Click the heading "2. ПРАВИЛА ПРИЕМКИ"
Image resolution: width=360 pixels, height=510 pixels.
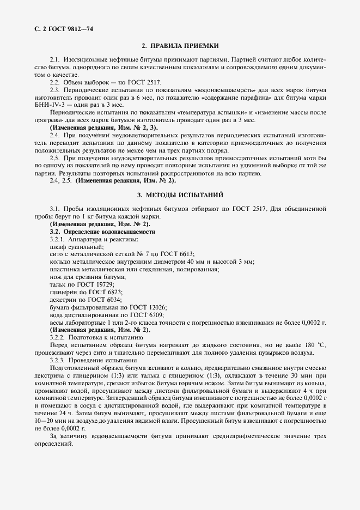click(x=180, y=47)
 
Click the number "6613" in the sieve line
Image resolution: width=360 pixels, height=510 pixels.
click(x=185, y=254)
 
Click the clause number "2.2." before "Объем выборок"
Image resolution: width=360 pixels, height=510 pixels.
click(x=57, y=81)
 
